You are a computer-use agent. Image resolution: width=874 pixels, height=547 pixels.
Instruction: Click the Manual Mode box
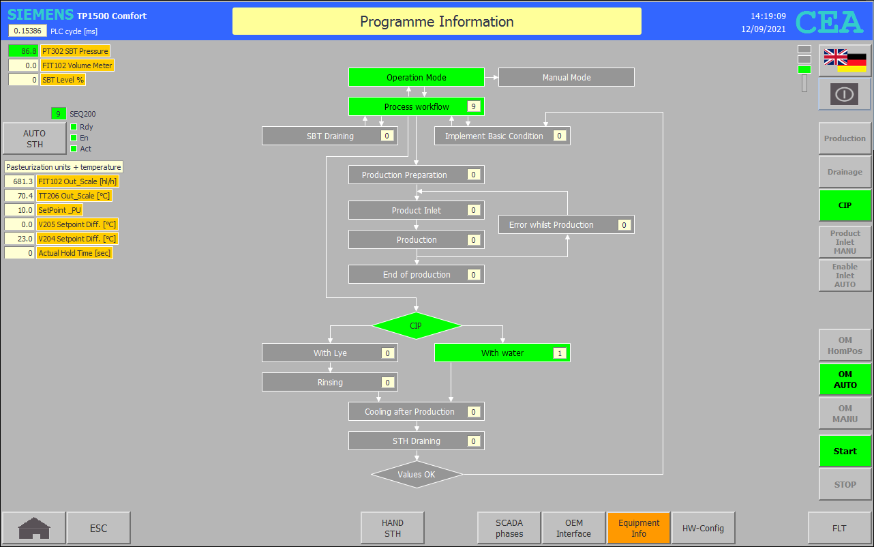point(566,77)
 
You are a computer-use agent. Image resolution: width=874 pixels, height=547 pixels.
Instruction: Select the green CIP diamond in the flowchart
point(416,325)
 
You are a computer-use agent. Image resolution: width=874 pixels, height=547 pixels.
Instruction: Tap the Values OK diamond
point(417,475)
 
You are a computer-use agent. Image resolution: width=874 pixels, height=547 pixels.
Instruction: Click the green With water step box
point(502,353)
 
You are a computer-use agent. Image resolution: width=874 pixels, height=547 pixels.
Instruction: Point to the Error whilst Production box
point(566,224)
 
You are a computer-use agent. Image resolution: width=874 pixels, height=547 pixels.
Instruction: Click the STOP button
point(845,484)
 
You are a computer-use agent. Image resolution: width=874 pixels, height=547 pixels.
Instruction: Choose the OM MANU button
point(845,413)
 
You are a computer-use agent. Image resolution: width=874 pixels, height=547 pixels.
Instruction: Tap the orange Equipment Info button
point(638,528)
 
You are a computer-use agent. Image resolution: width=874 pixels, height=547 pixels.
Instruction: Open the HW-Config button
point(703,528)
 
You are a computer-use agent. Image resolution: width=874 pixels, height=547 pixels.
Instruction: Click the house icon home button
point(34,528)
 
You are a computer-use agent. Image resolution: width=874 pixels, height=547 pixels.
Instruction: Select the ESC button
point(98,528)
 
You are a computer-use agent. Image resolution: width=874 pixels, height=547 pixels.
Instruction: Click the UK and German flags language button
point(845,61)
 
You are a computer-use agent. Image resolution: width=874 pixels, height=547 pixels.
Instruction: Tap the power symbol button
point(845,94)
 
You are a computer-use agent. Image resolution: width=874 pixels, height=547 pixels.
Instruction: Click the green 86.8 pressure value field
point(23,50)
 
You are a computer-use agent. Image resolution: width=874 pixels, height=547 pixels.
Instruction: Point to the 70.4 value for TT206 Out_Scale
point(20,196)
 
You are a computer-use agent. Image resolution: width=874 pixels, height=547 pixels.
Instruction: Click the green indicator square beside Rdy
point(74,127)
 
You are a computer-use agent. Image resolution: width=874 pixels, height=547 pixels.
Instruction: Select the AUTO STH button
point(34,138)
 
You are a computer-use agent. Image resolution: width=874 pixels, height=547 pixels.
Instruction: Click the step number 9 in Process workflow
point(473,106)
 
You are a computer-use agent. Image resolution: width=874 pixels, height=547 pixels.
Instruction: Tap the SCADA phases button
point(509,528)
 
